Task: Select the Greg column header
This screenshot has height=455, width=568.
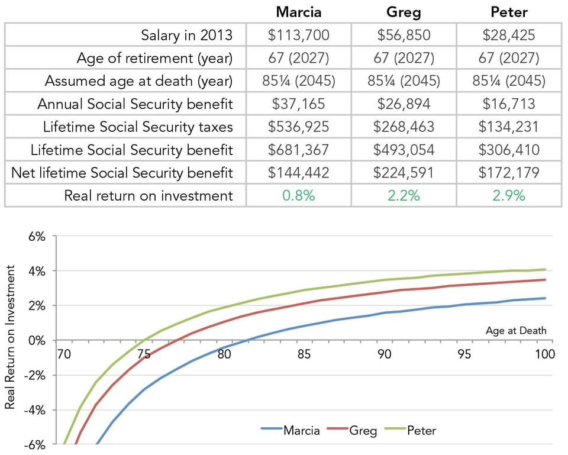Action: click(x=404, y=12)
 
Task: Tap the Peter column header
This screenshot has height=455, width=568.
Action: click(x=509, y=12)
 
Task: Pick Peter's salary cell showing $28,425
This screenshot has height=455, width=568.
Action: click(x=509, y=35)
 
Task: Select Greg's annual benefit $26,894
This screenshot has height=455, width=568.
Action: click(x=404, y=104)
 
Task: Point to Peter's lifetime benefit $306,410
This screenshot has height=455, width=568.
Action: click(x=509, y=150)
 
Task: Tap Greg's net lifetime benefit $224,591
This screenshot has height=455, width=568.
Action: click(x=404, y=173)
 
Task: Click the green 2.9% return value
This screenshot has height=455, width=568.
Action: click(x=509, y=196)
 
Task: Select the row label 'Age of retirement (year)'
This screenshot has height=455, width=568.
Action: click(x=154, y=59)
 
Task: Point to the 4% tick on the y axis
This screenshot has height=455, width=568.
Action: click(x=37, y=271)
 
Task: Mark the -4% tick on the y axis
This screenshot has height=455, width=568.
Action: click(x=35, y=410)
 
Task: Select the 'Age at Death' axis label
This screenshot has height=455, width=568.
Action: click(x=516, y=330)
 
